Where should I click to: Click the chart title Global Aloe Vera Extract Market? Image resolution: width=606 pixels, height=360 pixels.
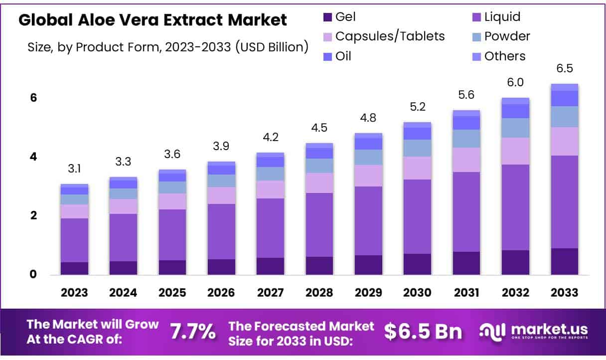point(152,20)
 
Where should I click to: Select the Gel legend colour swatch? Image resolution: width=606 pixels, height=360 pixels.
point(327,17)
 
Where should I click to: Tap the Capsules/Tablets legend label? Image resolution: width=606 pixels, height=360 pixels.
point(390,36)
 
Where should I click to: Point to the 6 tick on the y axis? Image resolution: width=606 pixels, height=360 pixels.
point(33,98)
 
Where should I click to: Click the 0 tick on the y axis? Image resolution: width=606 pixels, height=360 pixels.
point(33,274)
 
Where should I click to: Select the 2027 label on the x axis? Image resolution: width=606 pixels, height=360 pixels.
point(270,293)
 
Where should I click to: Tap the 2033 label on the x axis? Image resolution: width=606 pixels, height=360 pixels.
point(564,293)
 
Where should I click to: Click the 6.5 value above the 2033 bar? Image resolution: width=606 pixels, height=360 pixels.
point(564,68)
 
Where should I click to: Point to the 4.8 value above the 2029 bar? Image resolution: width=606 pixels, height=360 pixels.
point(368,118)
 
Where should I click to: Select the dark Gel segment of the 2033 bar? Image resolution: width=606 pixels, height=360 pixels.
point(564,261)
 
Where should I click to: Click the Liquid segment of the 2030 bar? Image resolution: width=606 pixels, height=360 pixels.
point(417,216)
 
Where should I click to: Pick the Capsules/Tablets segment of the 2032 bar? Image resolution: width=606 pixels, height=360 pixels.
point(515,151)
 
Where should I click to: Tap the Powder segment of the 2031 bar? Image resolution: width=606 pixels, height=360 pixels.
point(466,139)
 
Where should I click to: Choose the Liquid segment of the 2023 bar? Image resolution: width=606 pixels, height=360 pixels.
point(74,240)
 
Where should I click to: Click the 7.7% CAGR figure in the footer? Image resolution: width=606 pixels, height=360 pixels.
point(193,331)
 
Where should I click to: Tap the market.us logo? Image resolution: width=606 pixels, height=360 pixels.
point(533,331)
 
